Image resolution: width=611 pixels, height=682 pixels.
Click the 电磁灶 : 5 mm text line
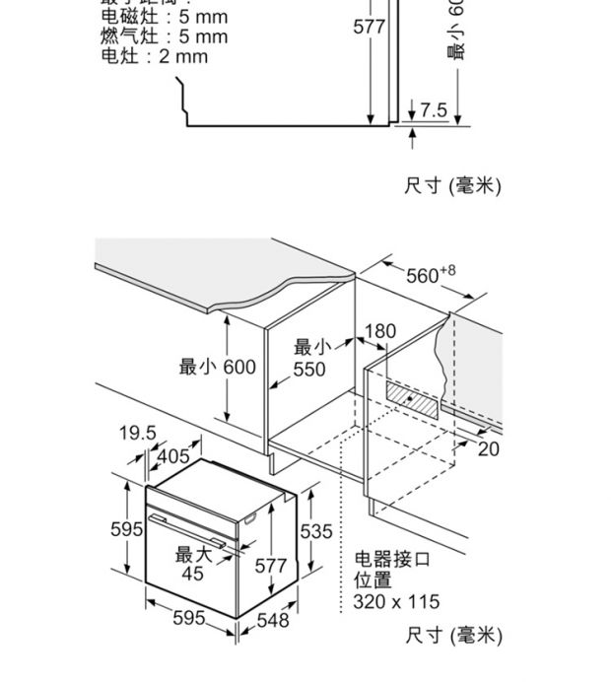tap(164, 17)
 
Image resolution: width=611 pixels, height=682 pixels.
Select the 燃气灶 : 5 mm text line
tap(164, 36)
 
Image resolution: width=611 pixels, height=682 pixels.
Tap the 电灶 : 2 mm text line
tap(155, 56)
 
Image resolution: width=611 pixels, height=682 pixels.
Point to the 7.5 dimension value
tap(434, 109)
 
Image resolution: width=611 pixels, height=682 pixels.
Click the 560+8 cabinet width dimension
tap(430, 275)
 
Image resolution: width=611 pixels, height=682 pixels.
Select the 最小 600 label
tap(217, 368)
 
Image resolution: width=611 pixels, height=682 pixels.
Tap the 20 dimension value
tap(489, 449)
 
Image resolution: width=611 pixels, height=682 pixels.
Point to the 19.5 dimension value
tap(138, 434)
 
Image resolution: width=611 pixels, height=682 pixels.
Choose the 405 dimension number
tap(172, 456)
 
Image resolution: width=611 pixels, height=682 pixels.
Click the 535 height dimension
tap(316, 532)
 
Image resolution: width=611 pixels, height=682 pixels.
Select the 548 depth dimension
tap(273, 620)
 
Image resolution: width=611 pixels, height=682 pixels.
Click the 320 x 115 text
tap(396, 602)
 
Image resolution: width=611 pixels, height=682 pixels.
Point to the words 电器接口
tap(392, 560)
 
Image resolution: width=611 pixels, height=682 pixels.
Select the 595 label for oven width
tap(189, 618)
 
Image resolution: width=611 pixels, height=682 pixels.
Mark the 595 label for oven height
tap(127, 529)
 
